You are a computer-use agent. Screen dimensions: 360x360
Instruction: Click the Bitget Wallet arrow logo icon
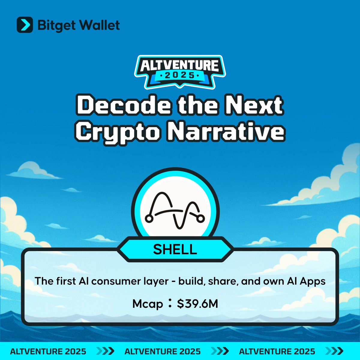coord(25,25)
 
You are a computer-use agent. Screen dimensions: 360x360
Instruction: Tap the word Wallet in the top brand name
coord(99,25)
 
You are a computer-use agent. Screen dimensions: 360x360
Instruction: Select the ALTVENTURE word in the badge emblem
coord(179,65)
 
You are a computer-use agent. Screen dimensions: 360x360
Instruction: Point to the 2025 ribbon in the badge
coord(180,76)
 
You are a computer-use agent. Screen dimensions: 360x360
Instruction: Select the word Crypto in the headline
coord(118,132)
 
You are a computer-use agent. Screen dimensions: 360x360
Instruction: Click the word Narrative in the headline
coord(226,131)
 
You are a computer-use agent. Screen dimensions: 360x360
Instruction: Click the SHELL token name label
coord(175,249)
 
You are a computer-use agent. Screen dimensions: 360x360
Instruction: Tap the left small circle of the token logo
coord(149,218)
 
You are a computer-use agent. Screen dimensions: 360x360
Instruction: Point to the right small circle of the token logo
coord(201,218)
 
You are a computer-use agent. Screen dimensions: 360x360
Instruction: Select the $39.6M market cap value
coord(197,304)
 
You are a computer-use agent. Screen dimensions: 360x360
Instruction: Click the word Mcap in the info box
coord(148,304)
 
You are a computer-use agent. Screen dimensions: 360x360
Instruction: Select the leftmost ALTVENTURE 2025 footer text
coord(48,351)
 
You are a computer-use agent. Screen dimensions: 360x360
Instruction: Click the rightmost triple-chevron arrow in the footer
coord(334,351)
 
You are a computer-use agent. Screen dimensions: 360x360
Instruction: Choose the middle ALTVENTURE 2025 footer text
coord(163,351)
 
